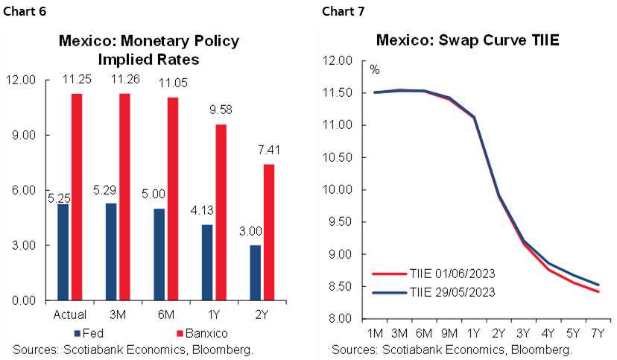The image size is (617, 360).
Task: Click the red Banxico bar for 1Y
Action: click(x=221, y=212)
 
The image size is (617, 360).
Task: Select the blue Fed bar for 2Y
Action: click(x=256, y=273)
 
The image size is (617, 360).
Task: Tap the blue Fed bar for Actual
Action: click(x=63, y=252)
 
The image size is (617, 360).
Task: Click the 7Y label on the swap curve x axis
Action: click(x=598, y=333)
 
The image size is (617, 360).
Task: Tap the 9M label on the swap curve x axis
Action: click(x=449, y=333)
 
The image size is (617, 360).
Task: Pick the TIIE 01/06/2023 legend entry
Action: click(x=437, y=274)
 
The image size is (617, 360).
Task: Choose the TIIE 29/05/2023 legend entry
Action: click(x=437, y=291)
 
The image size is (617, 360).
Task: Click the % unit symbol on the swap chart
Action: click(x=375, y=70)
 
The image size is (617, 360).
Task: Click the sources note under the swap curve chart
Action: click(x=452, y=348)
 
